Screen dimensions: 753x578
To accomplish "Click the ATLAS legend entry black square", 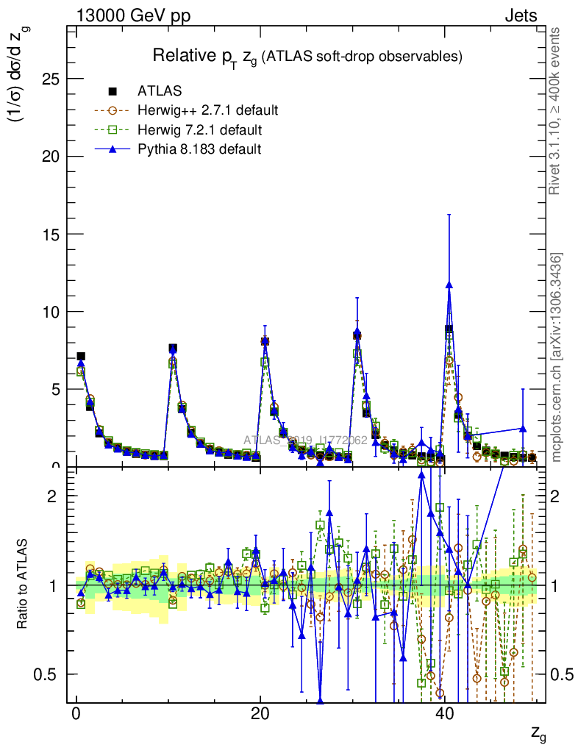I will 113,91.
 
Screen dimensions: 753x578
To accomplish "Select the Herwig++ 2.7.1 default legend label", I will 207,111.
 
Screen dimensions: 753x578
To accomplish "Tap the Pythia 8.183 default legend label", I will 199,149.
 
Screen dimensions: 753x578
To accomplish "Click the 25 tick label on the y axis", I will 51,79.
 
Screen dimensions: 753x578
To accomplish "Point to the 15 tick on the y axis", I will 51,234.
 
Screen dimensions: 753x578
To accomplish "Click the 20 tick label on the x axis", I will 260,715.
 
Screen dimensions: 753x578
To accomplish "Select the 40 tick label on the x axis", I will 443,715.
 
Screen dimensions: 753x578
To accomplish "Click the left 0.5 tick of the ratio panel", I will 49,674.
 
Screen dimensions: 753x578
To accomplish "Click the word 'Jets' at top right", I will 520,15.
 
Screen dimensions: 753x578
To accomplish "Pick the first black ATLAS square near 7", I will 81,357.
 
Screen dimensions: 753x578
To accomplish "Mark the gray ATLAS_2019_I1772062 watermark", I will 305,440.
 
